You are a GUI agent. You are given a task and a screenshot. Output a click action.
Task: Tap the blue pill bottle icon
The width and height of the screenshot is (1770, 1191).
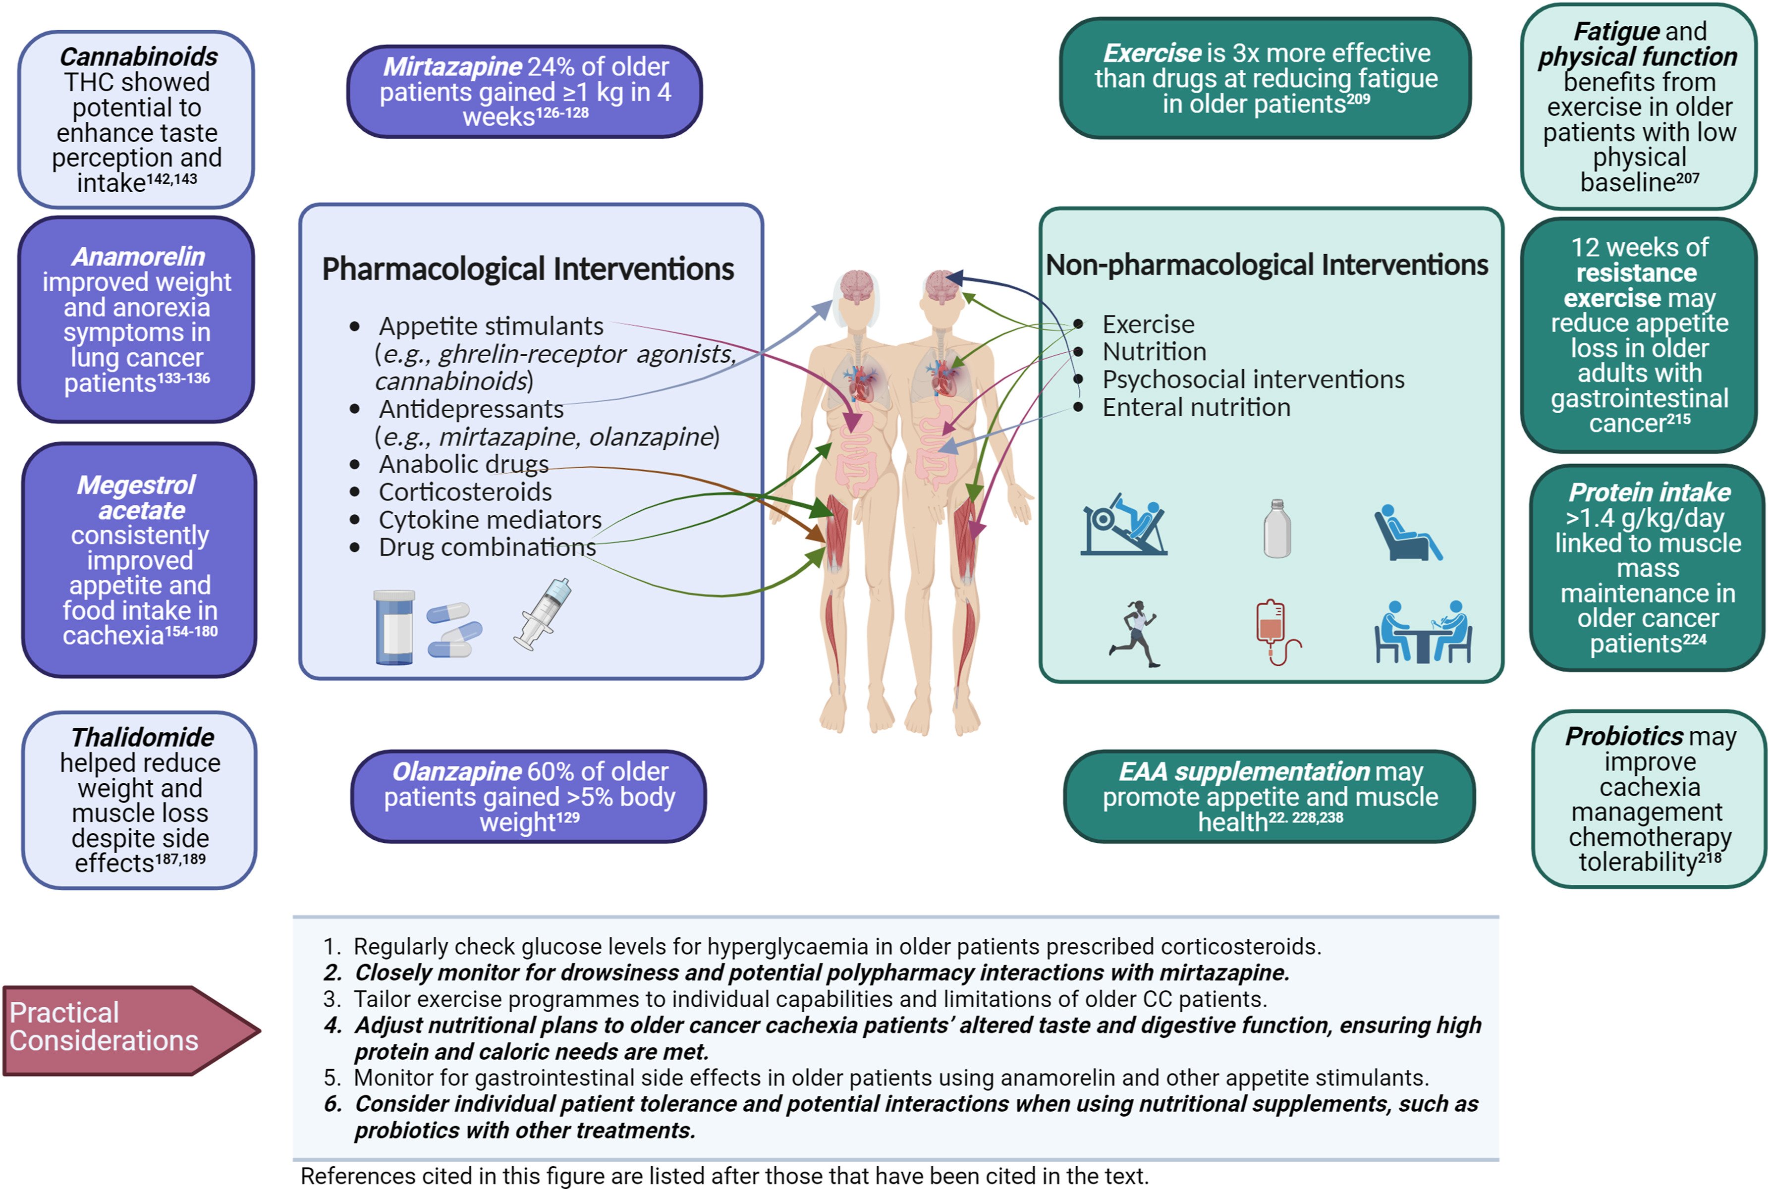click(394, 627)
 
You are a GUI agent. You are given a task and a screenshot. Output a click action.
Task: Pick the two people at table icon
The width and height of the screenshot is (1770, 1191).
click(1423, 632)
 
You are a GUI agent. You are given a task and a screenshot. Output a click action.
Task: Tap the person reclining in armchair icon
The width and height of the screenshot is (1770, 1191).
click(1406, 533)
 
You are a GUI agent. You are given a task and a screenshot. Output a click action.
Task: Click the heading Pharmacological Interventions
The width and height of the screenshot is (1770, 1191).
click(528, 269)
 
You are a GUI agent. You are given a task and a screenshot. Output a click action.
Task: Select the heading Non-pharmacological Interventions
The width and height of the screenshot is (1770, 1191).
click(1267, 265)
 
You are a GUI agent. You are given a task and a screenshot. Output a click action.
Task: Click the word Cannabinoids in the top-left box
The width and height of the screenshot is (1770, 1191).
click(138, 57)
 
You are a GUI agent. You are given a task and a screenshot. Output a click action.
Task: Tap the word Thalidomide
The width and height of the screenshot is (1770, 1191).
click(142, 738)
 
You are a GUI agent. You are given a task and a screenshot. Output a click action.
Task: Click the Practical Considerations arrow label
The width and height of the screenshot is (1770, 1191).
click(104, 1027)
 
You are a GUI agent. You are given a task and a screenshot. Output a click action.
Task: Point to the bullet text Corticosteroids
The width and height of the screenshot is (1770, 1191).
click(465, 492)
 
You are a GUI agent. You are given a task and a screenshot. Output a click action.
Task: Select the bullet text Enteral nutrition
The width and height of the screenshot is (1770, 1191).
click(1196, 408)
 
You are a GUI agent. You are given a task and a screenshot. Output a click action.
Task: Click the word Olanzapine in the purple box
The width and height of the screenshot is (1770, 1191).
click(456, 772)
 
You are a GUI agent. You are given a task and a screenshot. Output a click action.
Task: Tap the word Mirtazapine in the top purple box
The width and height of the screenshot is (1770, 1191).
click(452, 67)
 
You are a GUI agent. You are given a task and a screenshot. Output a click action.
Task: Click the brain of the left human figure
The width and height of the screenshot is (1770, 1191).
click(857, 287)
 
